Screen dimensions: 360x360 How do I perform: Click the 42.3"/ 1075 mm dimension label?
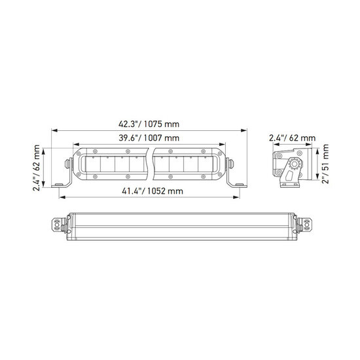(x=149, y=124)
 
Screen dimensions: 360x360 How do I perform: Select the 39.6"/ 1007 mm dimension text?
(x=149, y=138)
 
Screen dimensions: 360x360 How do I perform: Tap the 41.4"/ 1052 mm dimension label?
(x=153, y=191)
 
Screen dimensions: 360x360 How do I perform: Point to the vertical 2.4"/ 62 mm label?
(x=37, y=168)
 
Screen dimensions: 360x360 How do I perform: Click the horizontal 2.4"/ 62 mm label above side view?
(x=293, y=138)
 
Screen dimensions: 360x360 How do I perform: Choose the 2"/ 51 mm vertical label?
(x=325, y=164)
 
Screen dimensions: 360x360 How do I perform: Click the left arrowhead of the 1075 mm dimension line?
(x=54, y=130)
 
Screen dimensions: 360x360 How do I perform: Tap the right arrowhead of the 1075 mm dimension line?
(x=243, y=130)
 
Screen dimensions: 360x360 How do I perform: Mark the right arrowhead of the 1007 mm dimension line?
(x=223, y=144)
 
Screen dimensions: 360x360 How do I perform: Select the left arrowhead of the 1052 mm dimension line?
(x=62, y=197)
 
